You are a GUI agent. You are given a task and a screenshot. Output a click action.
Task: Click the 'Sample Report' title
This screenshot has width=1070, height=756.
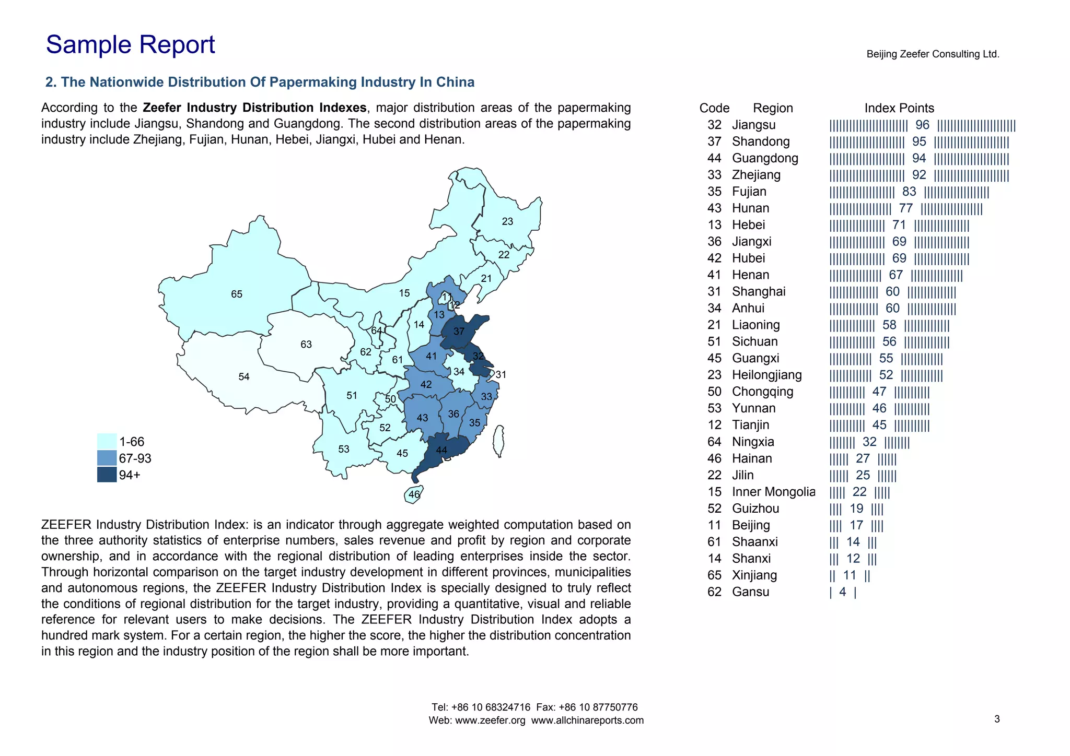coord(130,45)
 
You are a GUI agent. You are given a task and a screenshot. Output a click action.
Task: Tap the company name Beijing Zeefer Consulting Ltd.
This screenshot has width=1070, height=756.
coord(933,54)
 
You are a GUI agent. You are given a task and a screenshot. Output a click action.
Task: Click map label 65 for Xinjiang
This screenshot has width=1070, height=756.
coord(237,294)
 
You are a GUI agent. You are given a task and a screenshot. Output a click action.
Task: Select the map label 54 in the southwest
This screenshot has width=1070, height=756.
coord(244,377)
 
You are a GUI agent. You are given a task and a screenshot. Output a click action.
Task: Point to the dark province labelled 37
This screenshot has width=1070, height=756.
coord(459,332)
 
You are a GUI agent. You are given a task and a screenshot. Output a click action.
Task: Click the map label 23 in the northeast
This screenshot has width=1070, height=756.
coord(507,221)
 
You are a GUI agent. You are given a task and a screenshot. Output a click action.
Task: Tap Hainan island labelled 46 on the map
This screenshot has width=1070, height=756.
coord(414,494)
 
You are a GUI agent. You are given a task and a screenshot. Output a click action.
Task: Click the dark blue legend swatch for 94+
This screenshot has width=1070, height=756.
coord(107,475)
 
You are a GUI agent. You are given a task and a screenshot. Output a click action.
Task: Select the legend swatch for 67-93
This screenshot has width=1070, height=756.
coord(107,458)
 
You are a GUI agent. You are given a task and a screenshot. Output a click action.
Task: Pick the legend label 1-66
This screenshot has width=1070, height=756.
coord(132,442)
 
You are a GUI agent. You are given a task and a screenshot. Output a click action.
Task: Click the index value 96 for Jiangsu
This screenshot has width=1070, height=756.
coord(922,125)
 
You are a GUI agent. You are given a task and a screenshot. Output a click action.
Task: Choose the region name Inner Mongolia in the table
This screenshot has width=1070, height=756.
coord(773,492)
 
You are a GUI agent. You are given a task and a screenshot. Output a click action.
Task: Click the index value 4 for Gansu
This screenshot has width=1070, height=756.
coord(842,592)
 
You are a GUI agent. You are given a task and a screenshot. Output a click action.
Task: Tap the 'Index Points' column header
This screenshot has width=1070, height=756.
coord(899,108)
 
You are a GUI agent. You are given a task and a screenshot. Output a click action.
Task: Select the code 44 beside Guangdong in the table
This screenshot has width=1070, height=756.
coord(714,158)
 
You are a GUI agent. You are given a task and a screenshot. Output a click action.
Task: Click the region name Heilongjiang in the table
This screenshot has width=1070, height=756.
coord(766,375)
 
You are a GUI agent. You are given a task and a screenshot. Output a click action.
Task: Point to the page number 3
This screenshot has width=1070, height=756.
coord(997,719)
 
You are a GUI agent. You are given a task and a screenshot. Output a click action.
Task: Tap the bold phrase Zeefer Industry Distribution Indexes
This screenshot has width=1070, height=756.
coord(254,108)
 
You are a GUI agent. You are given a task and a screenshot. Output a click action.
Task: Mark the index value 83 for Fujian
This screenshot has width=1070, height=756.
coord(909,192)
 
